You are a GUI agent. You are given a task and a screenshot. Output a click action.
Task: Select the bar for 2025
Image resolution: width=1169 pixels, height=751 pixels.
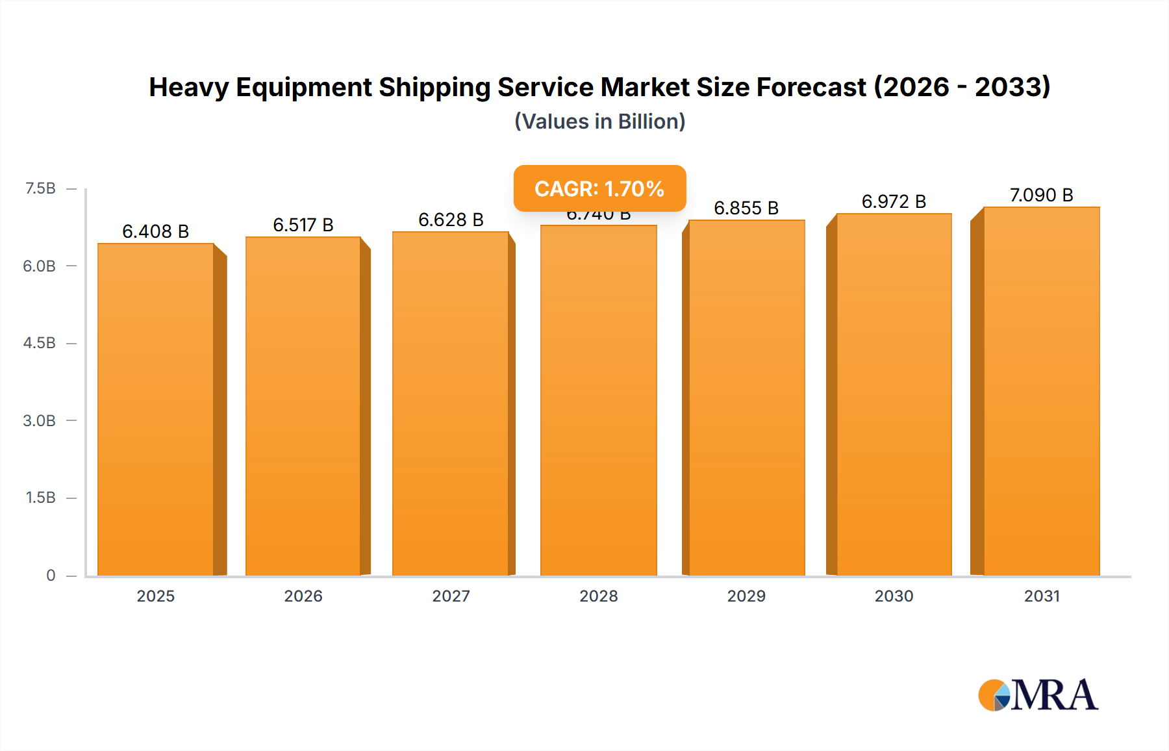156,409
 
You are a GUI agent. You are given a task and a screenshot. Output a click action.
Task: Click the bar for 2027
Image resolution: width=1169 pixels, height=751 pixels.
451,403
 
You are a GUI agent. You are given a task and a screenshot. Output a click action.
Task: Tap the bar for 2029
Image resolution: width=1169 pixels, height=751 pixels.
747,398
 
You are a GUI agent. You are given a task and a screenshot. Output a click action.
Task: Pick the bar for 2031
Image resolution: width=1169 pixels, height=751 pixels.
1042,391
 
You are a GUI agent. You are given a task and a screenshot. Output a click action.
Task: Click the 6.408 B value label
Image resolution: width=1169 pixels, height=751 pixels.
156,231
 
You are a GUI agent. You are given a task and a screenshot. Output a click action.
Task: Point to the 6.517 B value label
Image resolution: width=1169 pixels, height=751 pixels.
303,225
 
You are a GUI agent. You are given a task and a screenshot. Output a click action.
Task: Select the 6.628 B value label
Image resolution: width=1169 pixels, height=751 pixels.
451,220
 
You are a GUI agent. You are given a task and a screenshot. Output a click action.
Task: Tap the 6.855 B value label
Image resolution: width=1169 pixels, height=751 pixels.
746,208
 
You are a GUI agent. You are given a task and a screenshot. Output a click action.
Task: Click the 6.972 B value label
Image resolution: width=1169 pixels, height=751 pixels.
894,201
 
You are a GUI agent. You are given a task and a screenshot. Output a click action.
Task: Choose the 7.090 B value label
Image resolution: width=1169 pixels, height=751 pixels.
1041,195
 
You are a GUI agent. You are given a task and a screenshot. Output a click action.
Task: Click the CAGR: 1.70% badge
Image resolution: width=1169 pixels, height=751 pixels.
599,188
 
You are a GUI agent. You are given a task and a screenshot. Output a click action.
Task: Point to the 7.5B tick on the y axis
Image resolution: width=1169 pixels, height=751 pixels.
40,188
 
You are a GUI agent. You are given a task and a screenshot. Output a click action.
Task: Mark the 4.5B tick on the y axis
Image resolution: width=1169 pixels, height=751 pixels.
40,343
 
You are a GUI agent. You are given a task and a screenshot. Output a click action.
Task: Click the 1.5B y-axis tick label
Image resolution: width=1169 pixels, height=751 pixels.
40,498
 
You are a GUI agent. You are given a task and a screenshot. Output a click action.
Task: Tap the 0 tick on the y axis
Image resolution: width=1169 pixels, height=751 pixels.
51,575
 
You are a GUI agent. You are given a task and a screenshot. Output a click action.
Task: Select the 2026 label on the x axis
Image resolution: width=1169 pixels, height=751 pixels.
303,596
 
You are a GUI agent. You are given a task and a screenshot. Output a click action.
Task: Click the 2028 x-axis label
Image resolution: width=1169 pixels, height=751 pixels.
599,596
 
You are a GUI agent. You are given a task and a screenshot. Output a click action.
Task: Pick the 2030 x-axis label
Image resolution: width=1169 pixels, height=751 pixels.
894,596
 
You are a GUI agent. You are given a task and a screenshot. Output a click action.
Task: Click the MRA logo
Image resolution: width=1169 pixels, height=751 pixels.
1038,695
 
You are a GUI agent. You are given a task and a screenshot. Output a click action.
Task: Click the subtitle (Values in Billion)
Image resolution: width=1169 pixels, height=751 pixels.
599,121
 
